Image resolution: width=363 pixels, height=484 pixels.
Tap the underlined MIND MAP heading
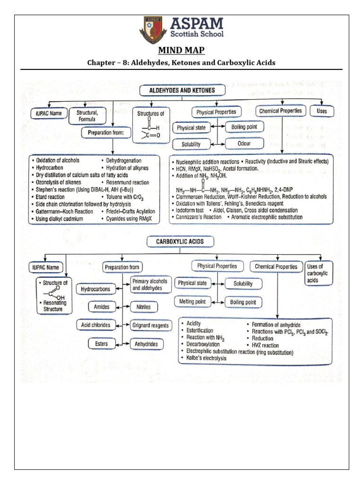pos(181,51)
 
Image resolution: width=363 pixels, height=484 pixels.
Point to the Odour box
pos(244,144)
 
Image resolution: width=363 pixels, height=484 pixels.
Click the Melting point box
pos(191,302)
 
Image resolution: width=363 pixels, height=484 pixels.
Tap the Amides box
pos(102,307)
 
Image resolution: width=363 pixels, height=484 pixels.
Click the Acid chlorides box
pos(96,325)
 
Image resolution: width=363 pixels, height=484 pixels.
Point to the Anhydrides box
pos(146,344)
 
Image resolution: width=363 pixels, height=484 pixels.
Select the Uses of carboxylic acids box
pos(319,273)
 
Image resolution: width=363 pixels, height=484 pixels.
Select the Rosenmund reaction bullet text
pos(127,182)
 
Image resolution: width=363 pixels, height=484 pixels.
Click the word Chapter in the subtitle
pos(101,62)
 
